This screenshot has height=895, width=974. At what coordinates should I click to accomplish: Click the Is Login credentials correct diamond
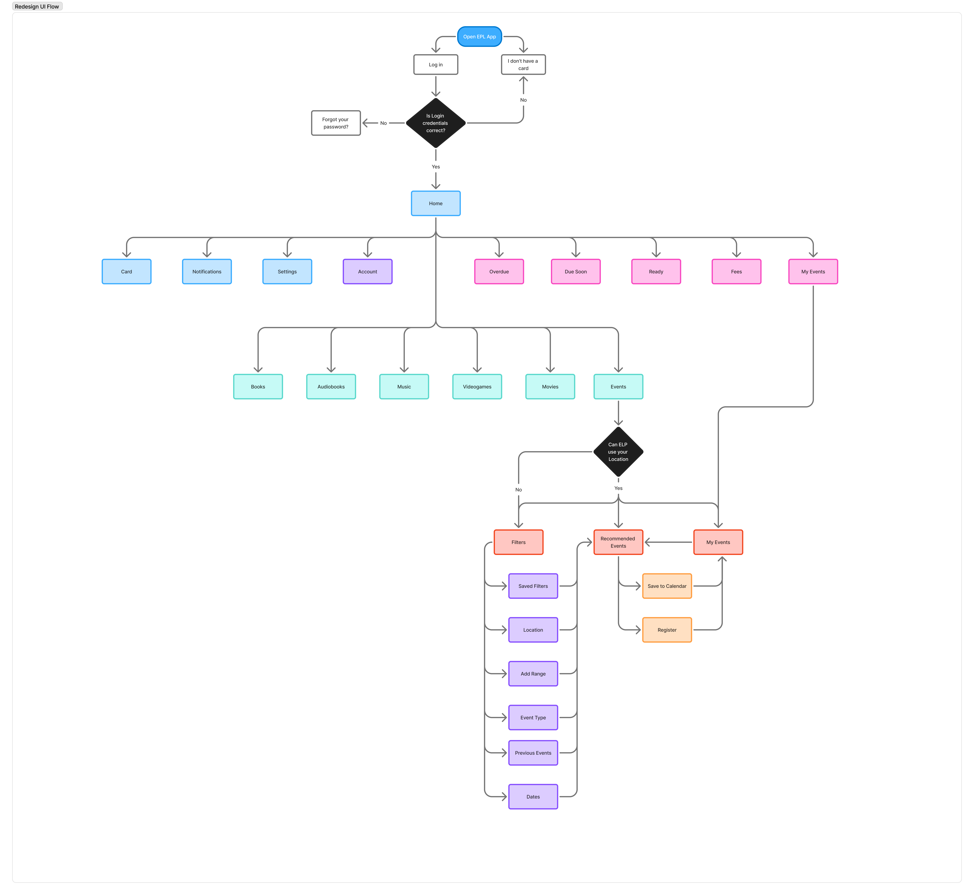tap(435, 123)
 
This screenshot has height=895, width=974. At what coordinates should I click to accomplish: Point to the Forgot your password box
tap(336, 123)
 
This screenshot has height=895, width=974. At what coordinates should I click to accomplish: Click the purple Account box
tap(368, 272)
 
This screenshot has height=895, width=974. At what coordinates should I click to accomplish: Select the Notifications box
tap(207, 272)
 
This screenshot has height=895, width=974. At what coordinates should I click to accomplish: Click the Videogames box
tap(477, 386)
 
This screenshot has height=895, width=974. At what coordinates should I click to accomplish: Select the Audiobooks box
tap(331, 386)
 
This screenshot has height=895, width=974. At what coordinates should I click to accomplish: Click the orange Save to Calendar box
tap(667, 586)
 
